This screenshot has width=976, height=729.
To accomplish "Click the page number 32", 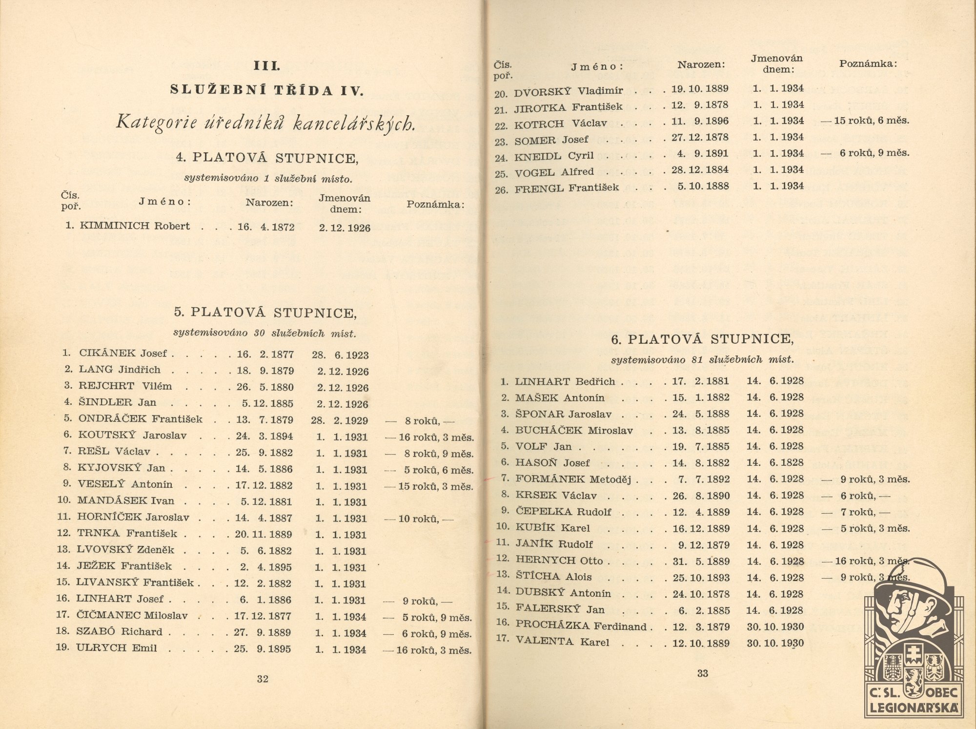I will coord(263,679).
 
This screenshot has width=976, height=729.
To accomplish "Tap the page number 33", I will coord(703,673).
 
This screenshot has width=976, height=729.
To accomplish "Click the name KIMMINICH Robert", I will coord(135,226).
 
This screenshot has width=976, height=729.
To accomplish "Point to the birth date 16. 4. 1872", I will coord(266,227).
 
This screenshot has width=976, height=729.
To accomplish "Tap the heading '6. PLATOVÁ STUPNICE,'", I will coord(702,339).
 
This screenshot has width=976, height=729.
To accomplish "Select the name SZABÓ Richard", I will coord(119,631).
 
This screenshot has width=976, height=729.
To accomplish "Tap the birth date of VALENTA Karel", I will coord(701,643).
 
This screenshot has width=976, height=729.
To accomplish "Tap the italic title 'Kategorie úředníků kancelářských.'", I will coord(266,123).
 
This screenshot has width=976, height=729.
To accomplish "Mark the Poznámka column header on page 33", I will coord(868,63).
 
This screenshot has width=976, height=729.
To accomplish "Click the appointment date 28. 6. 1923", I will coord(340,355).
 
